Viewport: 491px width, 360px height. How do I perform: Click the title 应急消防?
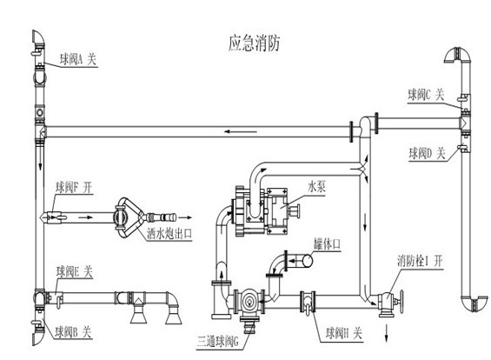coord(254,43)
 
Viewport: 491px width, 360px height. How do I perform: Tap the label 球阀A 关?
coord(78,59)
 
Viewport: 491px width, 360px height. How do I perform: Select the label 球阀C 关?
coord(426,95)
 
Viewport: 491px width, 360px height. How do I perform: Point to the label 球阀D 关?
coord(427,154)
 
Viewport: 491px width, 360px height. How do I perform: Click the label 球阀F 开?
coord(74,187)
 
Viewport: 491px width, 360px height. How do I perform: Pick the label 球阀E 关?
coord(75,271)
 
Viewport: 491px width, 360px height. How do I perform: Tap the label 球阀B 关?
coord(73,332)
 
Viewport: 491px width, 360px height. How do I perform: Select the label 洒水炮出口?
coord(169,233)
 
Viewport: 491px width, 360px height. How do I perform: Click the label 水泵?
coord(316,186)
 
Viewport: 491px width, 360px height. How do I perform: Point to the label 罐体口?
coord(328,243)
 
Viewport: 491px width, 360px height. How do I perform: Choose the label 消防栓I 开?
coord(421,261)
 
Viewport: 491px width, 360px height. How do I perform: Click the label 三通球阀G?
coord(217,341)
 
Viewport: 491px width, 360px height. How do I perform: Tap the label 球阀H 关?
coord(344,333)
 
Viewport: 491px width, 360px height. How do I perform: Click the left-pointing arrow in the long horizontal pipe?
coord(241,131)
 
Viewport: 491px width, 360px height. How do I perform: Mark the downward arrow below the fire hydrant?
coord(386,333)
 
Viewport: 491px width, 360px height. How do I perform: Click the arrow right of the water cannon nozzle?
coord(185,217)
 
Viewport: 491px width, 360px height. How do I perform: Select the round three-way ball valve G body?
coord(249,302)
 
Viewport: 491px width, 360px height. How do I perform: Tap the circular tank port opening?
coord(307,261)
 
